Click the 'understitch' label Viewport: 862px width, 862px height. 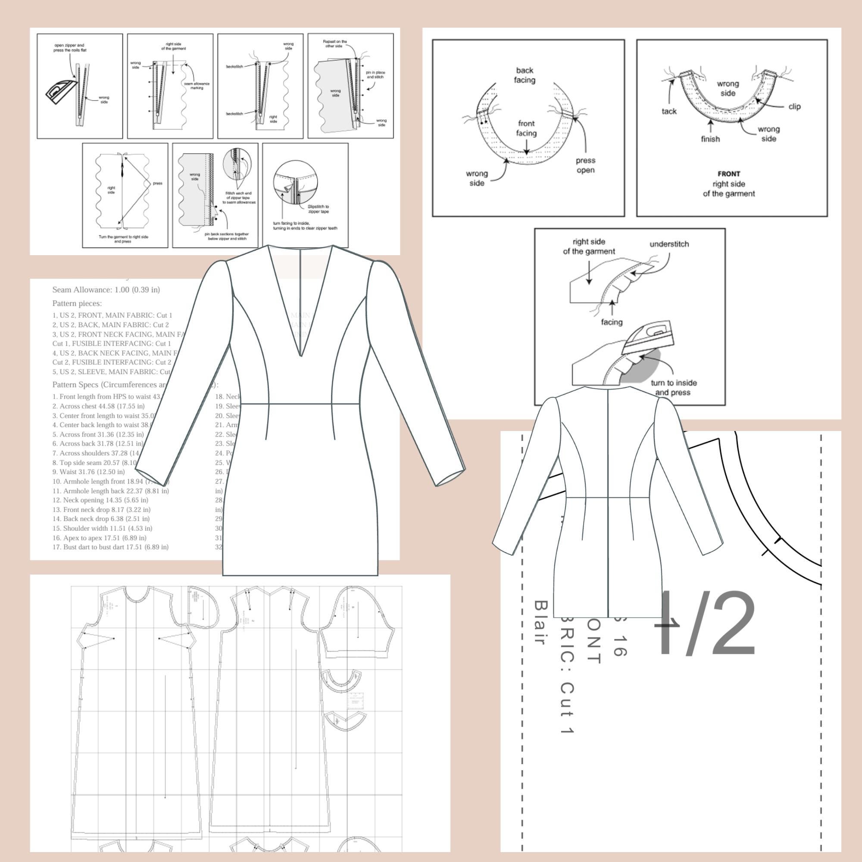669,244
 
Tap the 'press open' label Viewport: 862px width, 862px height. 585,165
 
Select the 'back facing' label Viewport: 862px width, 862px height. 524,75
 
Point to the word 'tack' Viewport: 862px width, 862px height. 669,112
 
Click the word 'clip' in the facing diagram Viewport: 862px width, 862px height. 794,106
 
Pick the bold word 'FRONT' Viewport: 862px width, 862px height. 728,174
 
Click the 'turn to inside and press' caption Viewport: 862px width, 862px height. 673,387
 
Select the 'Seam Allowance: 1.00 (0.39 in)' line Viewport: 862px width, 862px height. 106,290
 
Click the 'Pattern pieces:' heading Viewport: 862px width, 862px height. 77,303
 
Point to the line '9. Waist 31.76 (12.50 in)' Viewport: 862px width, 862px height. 88,472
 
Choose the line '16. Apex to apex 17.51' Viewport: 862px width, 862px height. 99,537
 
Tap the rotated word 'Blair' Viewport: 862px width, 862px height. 540,623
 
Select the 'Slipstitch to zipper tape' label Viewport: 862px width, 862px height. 318,209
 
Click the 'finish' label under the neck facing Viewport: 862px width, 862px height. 710,139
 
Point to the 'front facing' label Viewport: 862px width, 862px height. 526,128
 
